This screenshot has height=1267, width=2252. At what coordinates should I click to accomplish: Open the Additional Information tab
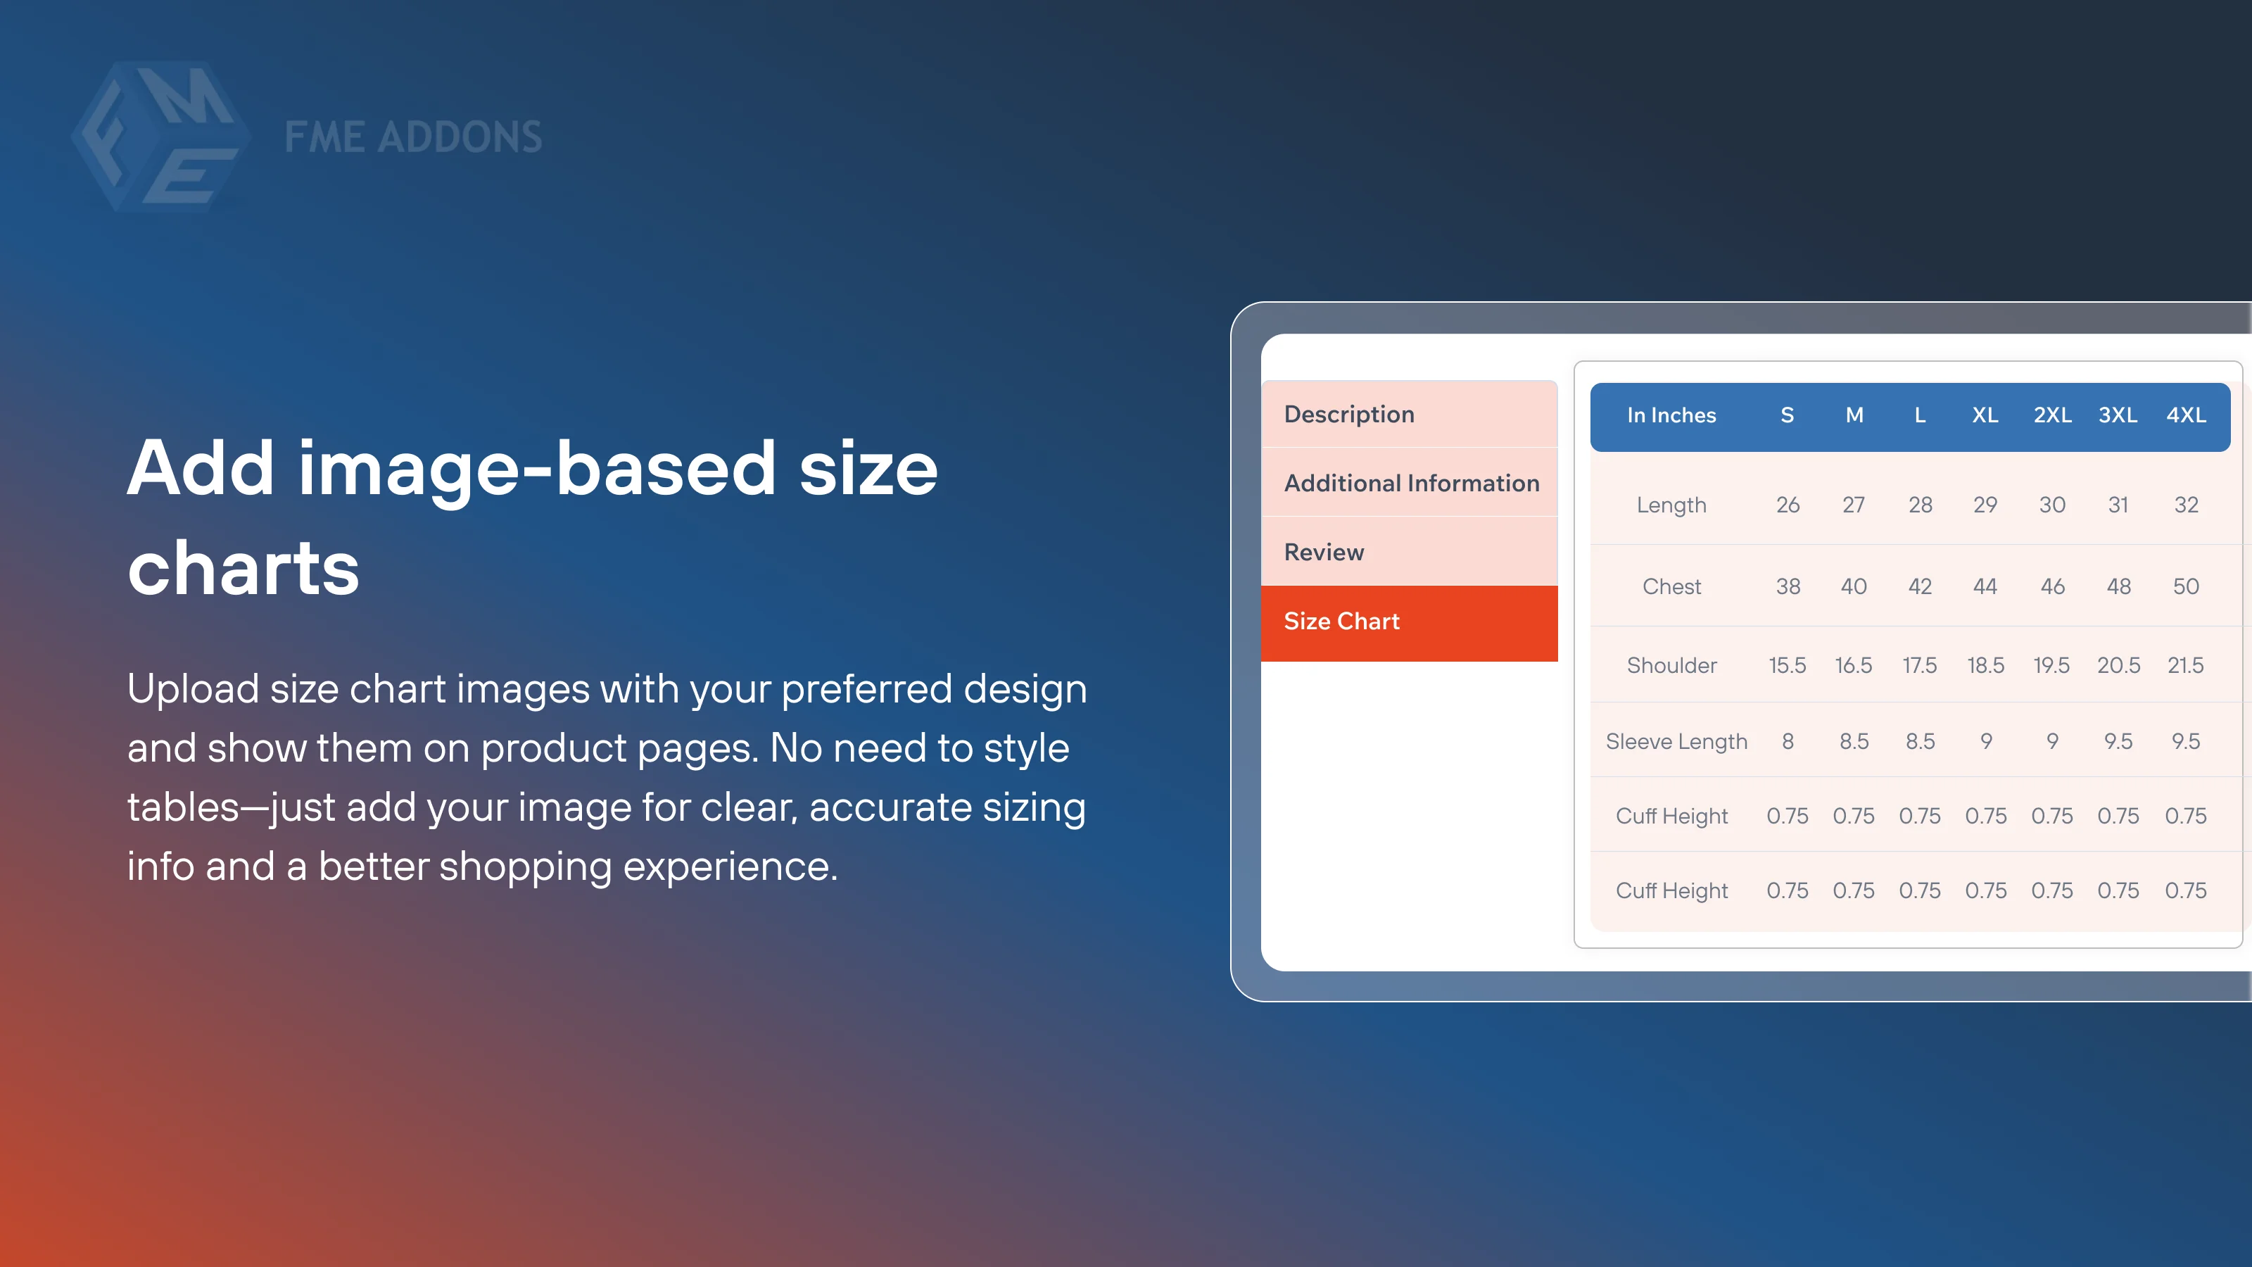tap(1410, 484)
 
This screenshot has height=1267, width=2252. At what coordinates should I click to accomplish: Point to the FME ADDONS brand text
tap(412, 138)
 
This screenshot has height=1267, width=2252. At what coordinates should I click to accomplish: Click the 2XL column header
tap(2052, 415)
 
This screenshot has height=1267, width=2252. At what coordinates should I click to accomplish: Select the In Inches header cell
tap(1671, 415)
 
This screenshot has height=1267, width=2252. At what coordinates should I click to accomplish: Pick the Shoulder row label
tap(1671, 665)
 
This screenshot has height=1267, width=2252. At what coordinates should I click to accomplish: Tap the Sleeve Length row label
tap(1676, 741)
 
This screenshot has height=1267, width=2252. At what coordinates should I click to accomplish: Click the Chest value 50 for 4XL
tap(2186, 587)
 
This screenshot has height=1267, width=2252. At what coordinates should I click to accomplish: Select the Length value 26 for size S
tap(1787, 505)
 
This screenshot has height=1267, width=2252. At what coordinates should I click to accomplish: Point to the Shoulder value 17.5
tap(1919, 665)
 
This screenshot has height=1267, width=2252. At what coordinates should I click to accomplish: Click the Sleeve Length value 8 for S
tap(1787, 741)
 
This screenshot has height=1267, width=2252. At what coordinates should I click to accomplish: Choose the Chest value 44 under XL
tap(1985, 587)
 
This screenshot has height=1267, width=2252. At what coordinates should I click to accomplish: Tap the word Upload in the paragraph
tap(192, 689)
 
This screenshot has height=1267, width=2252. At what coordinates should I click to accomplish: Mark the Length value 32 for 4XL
tap(2186, 505)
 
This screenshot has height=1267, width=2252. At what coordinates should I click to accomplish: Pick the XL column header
tap(1985, 415)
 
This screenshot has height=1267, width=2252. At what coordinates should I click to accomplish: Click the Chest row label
tap(1671, 587)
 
